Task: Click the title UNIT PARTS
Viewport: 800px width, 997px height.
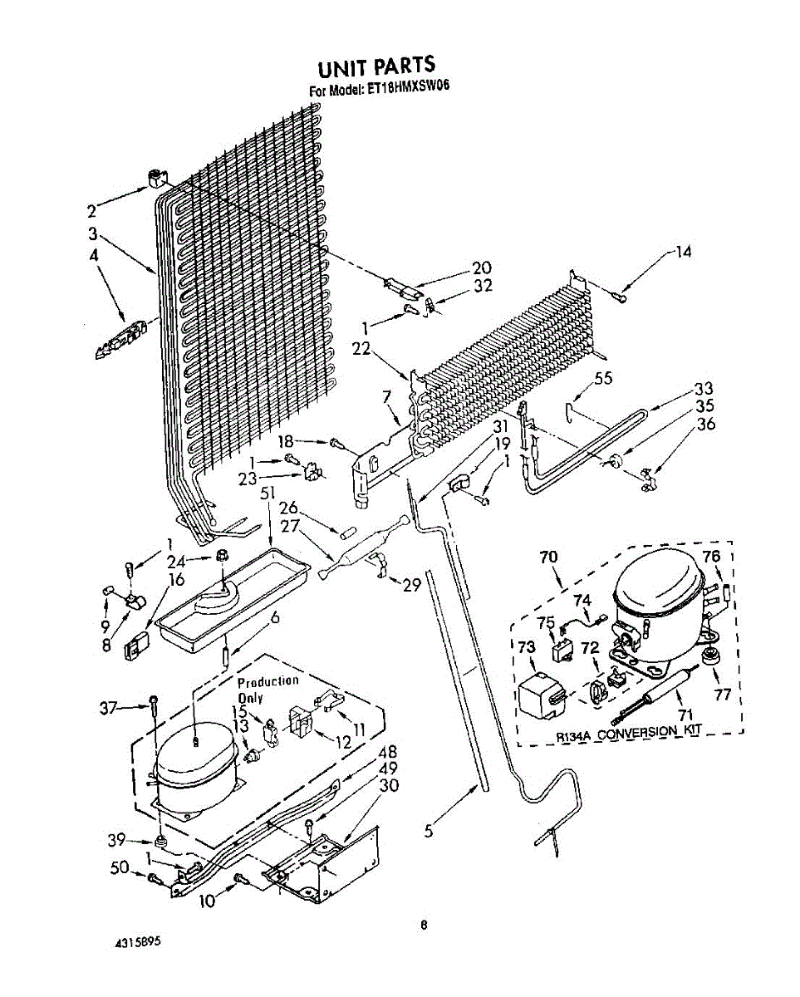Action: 376,66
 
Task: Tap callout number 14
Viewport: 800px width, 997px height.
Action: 682,252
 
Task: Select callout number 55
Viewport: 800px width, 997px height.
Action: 603,378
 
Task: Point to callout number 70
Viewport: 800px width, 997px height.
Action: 547,557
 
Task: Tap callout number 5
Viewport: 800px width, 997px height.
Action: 429,831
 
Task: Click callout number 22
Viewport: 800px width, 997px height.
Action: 360,350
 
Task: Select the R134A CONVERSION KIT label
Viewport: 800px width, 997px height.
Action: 629,731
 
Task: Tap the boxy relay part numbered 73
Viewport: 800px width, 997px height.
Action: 539,695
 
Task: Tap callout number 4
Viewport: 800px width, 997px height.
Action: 94,257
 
